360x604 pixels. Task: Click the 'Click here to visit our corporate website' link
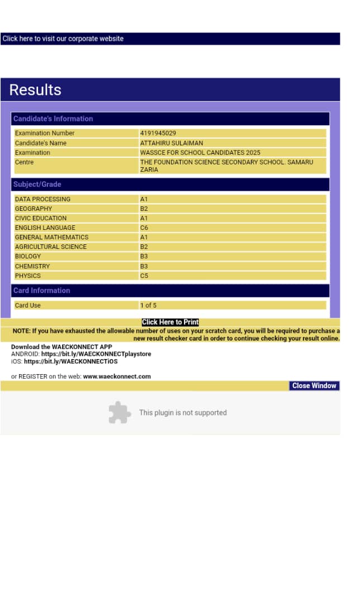(x=63, y=39)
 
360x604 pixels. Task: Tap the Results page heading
(x=35, y=90)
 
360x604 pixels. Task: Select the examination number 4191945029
(x=158, y=133)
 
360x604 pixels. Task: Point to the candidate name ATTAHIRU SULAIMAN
(x=172, y=143)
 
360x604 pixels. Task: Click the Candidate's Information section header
(x=53, y=119)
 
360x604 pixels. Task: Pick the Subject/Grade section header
(x=37, y=184)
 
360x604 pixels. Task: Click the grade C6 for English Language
(x=144, y=228)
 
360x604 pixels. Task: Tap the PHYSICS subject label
(x=28, y=276)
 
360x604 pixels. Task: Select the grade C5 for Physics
(x=144, y=276)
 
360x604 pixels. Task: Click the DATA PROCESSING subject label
(x=42, y=199)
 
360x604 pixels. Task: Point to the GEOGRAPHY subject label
(x=34, y=209)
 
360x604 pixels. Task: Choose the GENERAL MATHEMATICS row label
(x=51, y=237)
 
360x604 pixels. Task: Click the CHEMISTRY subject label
(x=32, y=266)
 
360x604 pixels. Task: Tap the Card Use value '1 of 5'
(x=149, y=305)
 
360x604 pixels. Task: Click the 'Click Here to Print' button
(x=170, y=322)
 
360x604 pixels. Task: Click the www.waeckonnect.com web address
(x=117, y=376)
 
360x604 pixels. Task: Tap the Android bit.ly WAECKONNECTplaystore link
(x=96, y=354)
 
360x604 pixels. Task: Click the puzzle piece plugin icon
(x=119, y=413)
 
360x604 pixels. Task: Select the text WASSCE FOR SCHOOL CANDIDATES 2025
(x=200, y=153)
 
